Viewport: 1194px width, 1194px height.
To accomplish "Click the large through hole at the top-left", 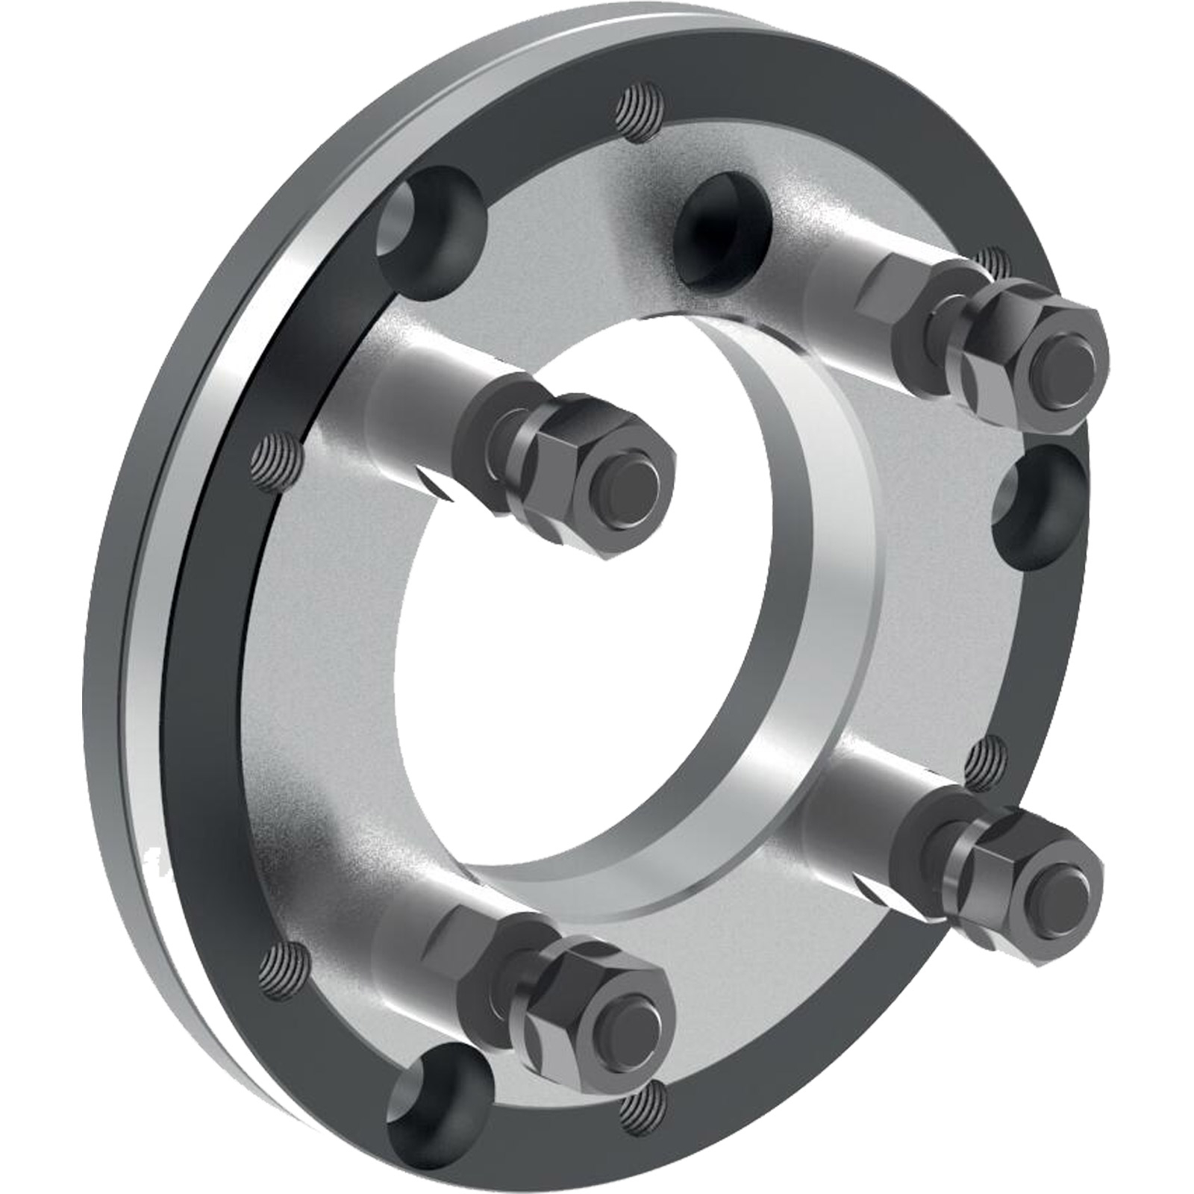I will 429,235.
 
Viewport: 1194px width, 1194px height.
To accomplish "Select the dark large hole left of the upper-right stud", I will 720,228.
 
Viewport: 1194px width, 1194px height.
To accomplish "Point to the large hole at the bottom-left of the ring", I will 440,1104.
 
